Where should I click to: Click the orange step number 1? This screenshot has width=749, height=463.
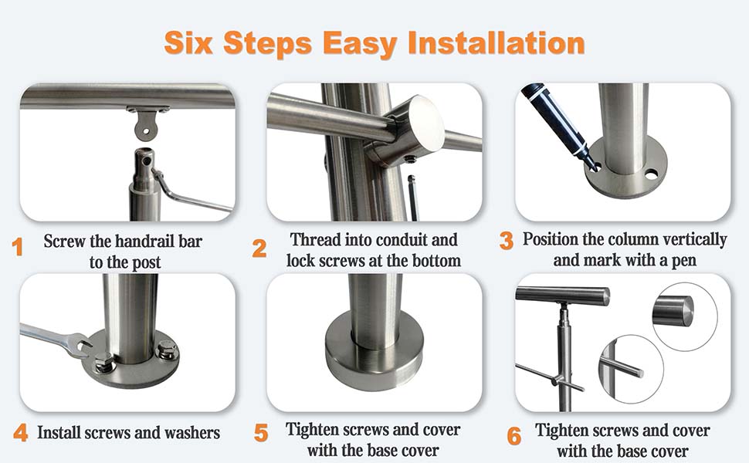(18, 247)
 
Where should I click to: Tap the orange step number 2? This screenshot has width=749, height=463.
(259, 248)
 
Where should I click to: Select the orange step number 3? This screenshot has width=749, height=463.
(507, 241)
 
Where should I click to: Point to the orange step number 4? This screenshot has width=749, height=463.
(21, 432)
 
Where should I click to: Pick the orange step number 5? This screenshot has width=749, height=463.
(261, 432)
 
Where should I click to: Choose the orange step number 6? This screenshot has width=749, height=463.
(514, 436)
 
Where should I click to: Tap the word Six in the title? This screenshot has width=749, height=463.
(188, 42)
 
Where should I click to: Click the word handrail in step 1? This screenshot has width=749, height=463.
(144, 241)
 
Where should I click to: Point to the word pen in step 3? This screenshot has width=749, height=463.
(683, 262)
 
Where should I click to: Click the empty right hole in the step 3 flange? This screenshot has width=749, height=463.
(651, 174)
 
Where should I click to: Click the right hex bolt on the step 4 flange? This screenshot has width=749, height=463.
(168, 350)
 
